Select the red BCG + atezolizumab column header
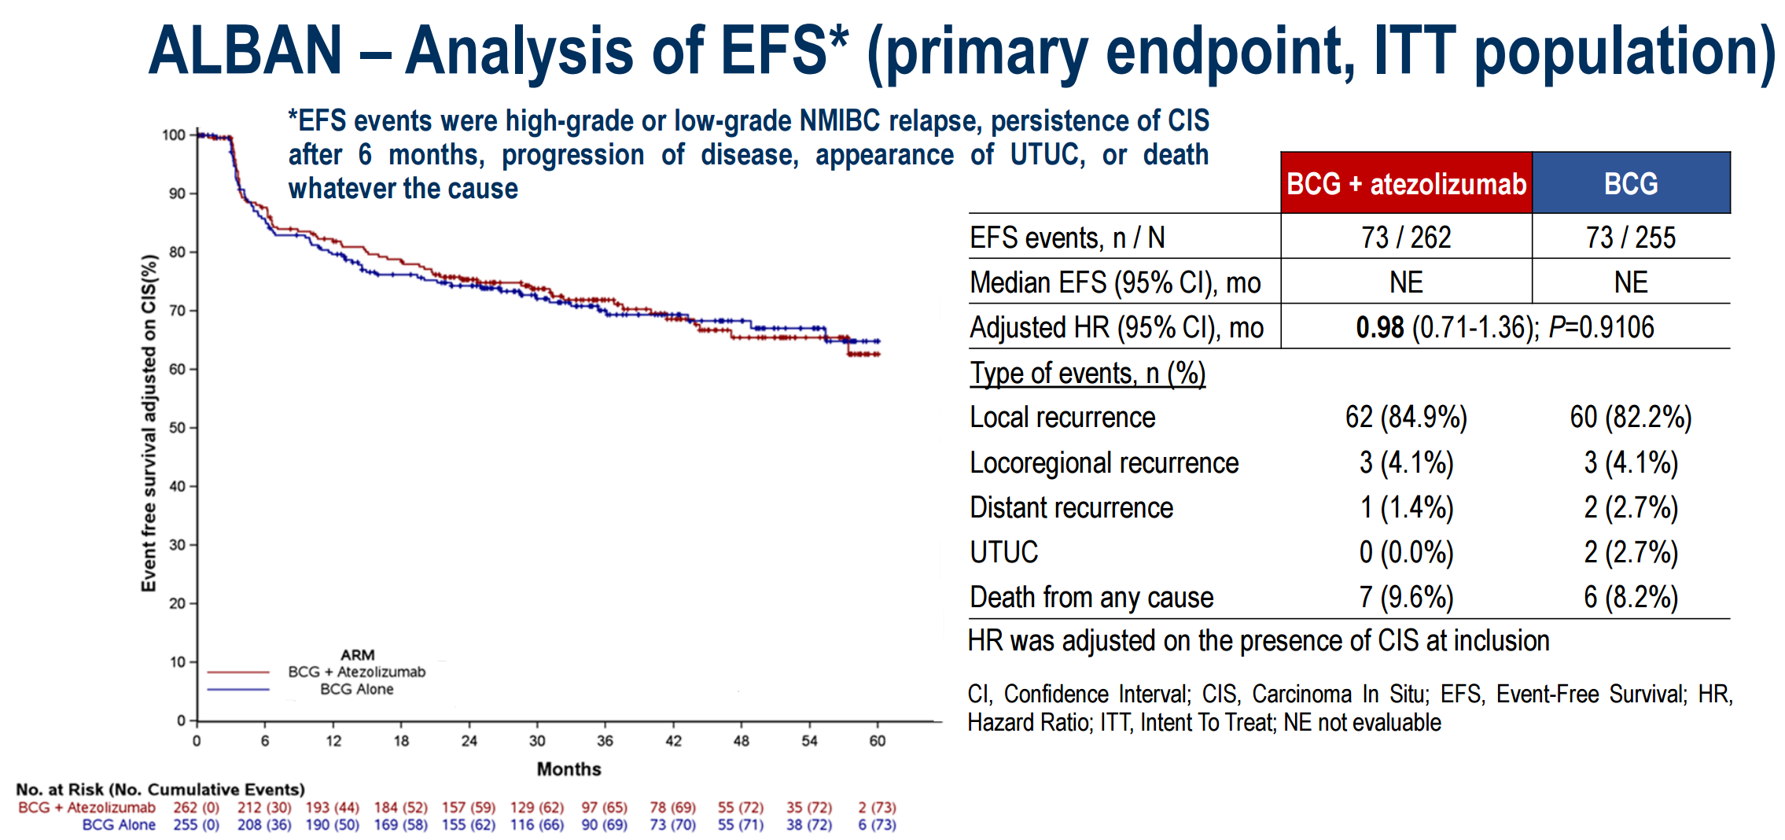(1406, 183)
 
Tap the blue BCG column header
(1631, 183)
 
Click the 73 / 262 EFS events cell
(1406, 237)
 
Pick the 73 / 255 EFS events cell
(1631, 237)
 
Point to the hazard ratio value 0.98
(1379, 327)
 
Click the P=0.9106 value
(1601, 327)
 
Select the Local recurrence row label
(1062, 417)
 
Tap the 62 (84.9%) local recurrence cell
(1406, 417)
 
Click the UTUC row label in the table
(1004, 552)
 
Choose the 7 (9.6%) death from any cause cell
(1406, 597)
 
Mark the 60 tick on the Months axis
(878, 741)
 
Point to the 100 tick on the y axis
(174, 134)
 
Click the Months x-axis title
(569, 769)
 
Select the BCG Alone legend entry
(356, 690)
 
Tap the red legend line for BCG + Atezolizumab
(238, 672)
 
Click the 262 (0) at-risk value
(197, 808)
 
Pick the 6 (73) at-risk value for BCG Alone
(878, 825)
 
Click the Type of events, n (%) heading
(1088, 373)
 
